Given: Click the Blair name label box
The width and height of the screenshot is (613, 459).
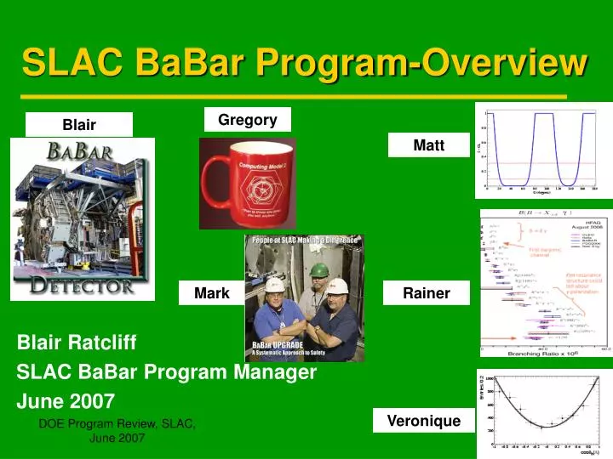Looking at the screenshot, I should (79, 125).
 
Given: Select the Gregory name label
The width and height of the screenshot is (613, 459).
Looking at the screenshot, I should (247, 120).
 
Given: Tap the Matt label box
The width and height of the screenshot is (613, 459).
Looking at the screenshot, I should (428, 145).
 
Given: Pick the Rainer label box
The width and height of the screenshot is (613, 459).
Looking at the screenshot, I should (426, 293).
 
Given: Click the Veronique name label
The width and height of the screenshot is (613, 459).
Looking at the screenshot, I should (423, 420).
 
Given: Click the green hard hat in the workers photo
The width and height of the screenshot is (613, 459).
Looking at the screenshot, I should (318, 269).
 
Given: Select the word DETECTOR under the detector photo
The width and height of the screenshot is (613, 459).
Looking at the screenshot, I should (83, 284).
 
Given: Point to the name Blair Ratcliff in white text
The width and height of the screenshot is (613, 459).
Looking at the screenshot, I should (77, 343).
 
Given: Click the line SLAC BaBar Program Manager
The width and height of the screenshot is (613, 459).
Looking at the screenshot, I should (167, 371).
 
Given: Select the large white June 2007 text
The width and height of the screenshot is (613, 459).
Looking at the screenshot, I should (66, 400).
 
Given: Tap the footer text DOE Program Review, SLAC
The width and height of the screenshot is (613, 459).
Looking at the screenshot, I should (117, 423).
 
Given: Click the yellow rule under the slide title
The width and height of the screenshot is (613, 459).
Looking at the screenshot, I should (294, 97).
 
